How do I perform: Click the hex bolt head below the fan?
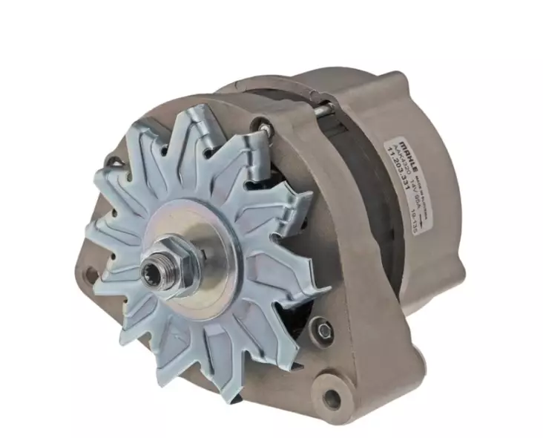pos(321,327)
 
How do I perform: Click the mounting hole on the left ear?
pos(92,273)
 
